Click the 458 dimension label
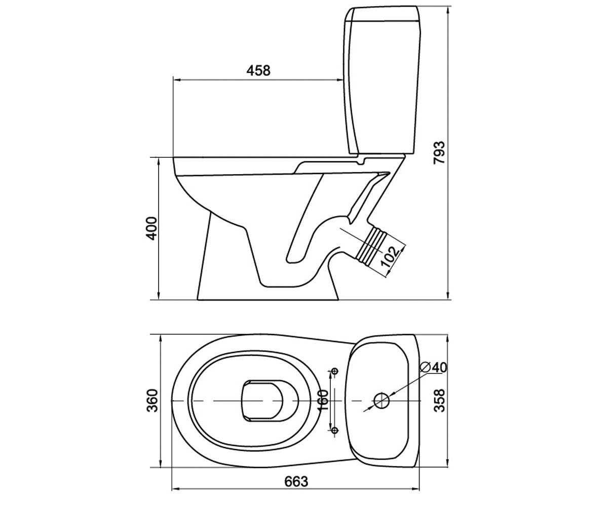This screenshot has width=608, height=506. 258,70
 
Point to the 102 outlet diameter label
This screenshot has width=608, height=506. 391,257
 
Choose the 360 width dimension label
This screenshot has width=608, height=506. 153,400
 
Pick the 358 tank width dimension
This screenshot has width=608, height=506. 439,400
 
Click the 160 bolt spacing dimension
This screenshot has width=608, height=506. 323,400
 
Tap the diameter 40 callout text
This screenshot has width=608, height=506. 434,367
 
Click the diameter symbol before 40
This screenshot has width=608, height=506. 426,367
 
